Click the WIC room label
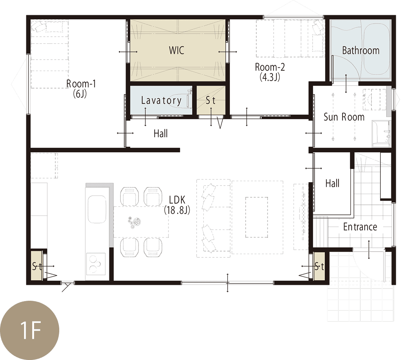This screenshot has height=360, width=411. (176, 50)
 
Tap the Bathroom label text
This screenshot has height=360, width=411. (361, 50)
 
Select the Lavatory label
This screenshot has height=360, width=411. (161, 100)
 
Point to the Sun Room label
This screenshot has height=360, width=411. (344, 117)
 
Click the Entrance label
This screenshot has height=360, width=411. (360, 227)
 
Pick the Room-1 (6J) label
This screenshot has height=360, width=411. (81, 89)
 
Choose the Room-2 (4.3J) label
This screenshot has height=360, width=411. (270, 72)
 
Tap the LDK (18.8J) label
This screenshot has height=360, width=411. (177, 205)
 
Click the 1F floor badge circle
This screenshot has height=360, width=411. (30, 330)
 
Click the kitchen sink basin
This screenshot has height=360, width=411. (97, 209)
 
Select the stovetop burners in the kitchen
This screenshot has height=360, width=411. (95, 263)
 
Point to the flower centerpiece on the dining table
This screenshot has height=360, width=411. (134, 223)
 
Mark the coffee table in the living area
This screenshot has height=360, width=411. (257, 217)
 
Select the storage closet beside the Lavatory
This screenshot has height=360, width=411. (211, 100)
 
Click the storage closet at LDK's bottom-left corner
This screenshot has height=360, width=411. (37, 266)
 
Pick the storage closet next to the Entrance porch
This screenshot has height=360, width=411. (319, 266)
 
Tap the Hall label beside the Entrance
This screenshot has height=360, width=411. (333, 183)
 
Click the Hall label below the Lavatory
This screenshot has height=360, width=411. (160, 133)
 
